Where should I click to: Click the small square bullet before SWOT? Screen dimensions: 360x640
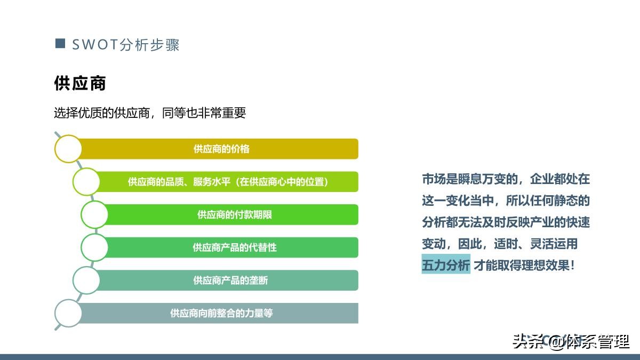click(x=60, y=43)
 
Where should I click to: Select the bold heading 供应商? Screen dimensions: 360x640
click(x=80, y=83)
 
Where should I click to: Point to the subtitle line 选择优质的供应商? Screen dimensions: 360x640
click(x=149, y=113)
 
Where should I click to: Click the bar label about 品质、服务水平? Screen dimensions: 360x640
click(x=228, y=182)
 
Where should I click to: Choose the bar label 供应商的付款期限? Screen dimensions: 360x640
click(x=235, y=214)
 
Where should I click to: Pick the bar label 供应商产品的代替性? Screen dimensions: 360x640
click(x=235, y=247)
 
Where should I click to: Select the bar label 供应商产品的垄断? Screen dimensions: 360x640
click(x=230, y=280)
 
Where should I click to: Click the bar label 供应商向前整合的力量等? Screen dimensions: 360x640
click(x=221, y=313)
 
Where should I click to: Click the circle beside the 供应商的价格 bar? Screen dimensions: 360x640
click(x=68, y=149)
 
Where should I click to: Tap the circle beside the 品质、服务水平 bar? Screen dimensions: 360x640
click(x=86, y=182)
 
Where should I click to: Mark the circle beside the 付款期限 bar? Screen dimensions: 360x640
click(x=94, y=214)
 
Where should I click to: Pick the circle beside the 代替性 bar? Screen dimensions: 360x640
click(x=94, y=247)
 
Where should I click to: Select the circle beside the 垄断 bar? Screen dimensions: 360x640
click(x=86, y=280)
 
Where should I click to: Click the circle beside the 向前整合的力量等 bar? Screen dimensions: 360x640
click(x=68, y=313)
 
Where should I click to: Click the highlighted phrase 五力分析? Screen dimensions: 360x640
click(x=446, y=265)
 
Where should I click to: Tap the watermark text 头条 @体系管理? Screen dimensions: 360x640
click(x=571, y=341)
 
